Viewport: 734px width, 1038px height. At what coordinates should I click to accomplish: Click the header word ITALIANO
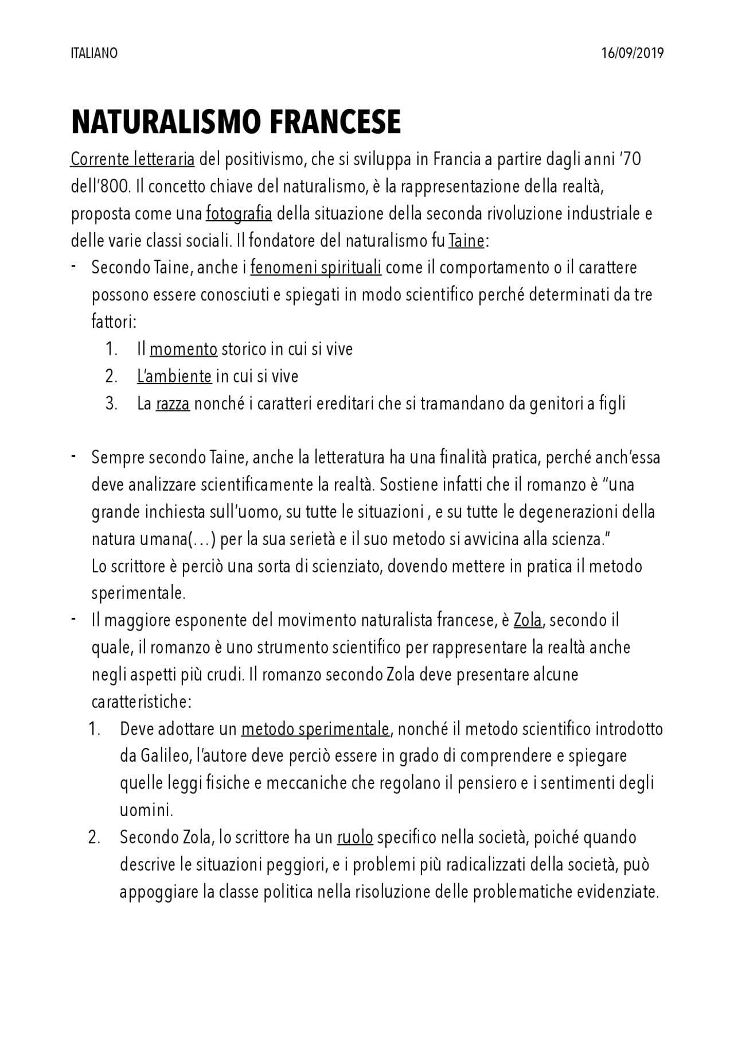tap(94, 53)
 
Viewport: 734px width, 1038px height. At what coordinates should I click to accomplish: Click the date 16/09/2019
tap(633, 53)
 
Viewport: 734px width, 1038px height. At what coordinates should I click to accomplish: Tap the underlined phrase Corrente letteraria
tap(132, 159)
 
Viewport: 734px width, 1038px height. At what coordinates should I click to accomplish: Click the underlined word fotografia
tap(239, 214)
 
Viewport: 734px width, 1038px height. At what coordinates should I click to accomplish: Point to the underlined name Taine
tap(466, 241)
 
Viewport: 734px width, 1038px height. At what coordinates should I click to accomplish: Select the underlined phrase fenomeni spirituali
tap(316, 268)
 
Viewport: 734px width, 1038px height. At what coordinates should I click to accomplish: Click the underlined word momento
tap(183, 349)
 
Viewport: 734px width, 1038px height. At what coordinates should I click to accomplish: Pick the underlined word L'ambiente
tap(174, 377)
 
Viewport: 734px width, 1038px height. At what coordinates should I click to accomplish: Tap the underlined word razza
tap(173, 404)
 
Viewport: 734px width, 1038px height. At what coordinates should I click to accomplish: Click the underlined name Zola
tap(528, 620)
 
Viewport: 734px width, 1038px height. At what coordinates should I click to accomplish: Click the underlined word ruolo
tap(355, 837)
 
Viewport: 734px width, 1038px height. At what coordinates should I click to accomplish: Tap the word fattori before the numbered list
tap(114, 322)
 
